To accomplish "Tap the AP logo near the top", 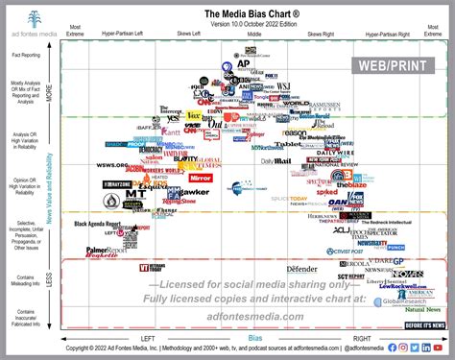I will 243,65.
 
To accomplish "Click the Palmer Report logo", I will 105,251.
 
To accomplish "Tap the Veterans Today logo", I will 156,267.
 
